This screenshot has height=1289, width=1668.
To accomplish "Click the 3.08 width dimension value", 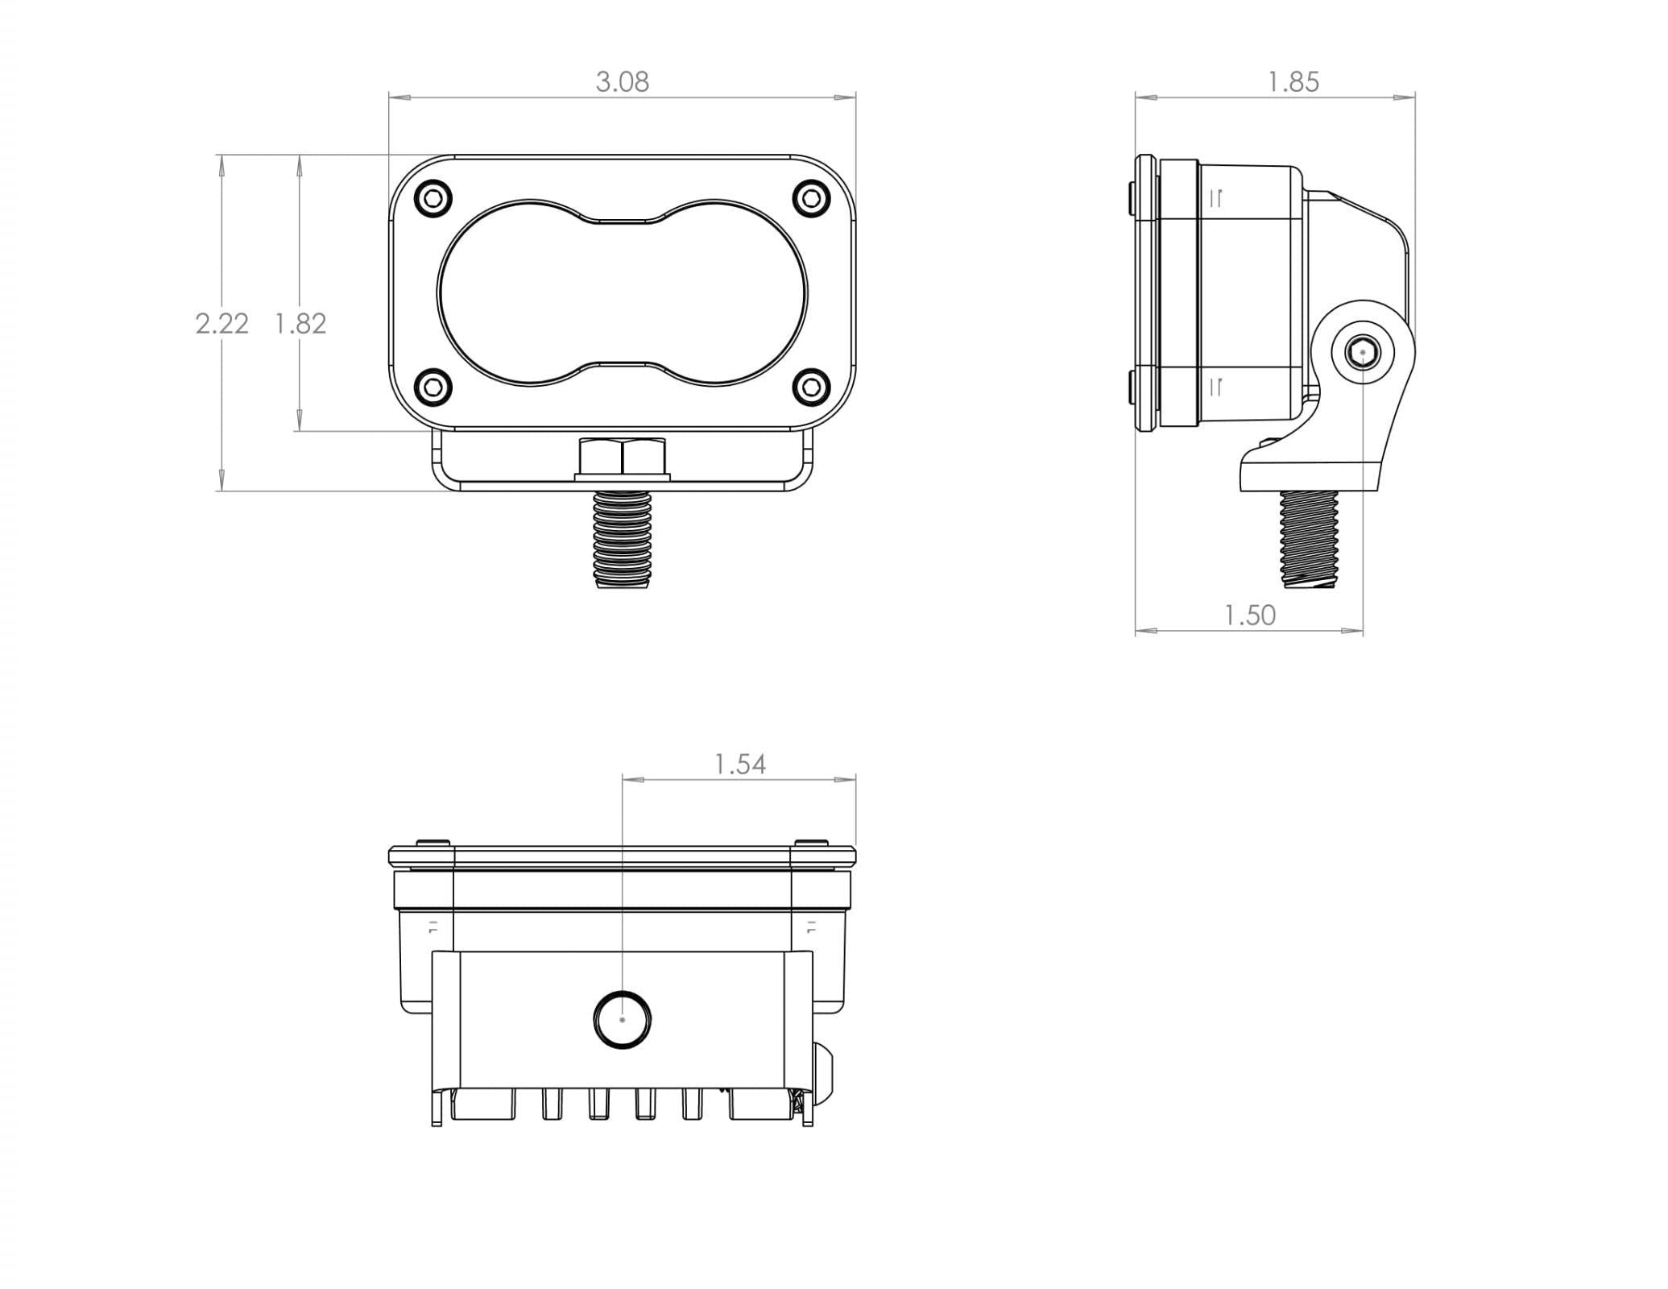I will [x=622, y=82].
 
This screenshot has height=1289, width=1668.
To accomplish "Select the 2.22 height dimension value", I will [x=221, y=324].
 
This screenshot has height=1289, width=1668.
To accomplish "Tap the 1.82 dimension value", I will [x=300, y=324].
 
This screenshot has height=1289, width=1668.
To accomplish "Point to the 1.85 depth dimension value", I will [x=1293, y=82].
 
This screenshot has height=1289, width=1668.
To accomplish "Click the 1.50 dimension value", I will [x=1249, y=615].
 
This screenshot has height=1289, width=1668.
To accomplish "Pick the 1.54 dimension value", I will [x=739, y=764].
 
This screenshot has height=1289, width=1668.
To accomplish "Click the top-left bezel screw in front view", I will [x=433, y=198].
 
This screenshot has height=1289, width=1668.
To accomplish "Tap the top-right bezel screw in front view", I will [x=811, y=198].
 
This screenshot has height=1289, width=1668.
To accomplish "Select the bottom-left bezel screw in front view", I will [x=433, y=388].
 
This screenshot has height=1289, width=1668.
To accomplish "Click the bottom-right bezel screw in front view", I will [x=811, y=388].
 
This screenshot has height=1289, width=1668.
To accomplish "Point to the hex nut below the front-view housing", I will [x=622, y=458].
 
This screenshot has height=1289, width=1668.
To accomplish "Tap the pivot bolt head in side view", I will [x=1362, y=352].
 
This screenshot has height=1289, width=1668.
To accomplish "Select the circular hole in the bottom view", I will [x=622, y=1019].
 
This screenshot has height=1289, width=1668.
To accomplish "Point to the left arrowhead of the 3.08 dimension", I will [x=399, y=97].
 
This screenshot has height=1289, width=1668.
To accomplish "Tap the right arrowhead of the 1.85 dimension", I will [x=1405, y=97].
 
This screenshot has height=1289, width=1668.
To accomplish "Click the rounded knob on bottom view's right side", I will [x=824, y=1071].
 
